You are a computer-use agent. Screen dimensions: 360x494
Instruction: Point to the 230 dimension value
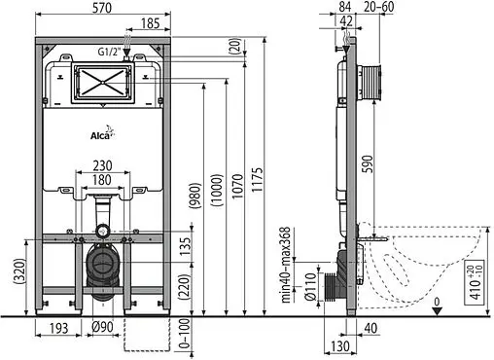(103, 164)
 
